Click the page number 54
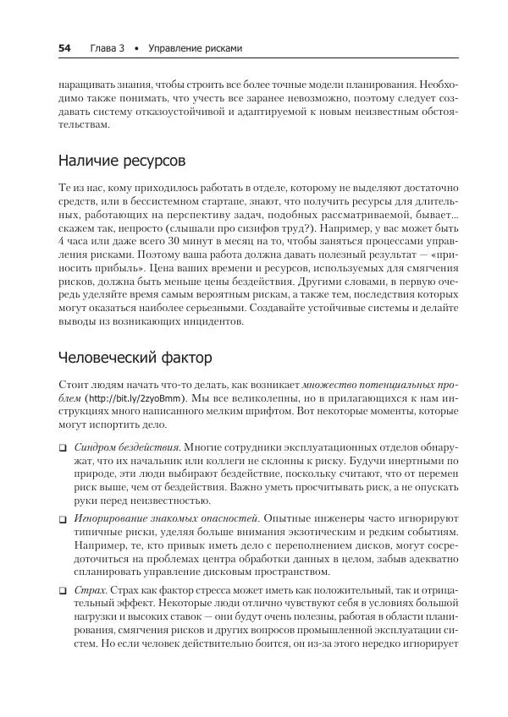pos(64,49)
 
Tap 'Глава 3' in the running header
pos(107,49)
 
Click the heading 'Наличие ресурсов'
pos(122,161)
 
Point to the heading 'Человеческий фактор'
pos(135,357)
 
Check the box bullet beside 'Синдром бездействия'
pos(63,446)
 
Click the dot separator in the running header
pos(135,49)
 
